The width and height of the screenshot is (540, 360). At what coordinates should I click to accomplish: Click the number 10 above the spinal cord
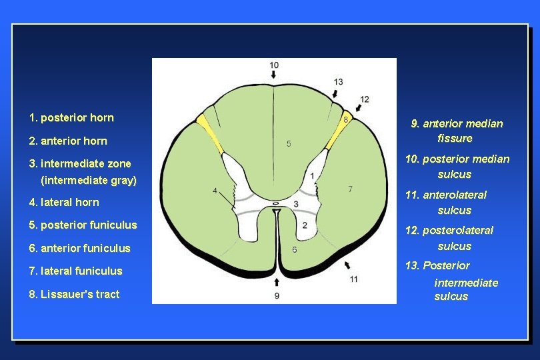pos(274,65)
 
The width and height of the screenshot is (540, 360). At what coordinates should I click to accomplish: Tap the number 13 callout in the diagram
pos(339,81)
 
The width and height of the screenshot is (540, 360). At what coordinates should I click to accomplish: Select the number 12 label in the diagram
pos(364,99)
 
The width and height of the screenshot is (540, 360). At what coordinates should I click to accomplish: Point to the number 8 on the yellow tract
pos(345,119)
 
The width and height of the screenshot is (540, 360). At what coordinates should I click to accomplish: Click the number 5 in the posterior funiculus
pos(289,143)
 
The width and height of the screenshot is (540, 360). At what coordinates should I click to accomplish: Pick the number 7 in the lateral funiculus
pos(351,189)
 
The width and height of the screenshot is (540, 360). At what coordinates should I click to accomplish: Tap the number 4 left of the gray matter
pos(215,191)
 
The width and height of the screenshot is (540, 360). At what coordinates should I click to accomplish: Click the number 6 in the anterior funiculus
pos(294,249)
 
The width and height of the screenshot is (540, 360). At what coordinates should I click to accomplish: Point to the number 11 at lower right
pos(353,278)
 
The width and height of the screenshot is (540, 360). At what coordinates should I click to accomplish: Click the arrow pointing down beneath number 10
pos(274,77)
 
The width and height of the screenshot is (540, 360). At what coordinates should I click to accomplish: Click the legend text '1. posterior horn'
pos(71,118)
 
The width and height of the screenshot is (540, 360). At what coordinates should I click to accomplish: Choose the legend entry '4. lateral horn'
pos(64,202)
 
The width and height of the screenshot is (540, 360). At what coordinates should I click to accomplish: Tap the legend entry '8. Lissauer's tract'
pos(74,294)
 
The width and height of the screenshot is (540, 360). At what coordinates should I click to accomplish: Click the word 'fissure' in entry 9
pos(455,139)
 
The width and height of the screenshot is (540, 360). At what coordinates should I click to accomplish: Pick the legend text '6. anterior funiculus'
pos(79,248)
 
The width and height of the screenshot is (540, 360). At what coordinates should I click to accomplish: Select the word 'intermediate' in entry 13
pos(466,283)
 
